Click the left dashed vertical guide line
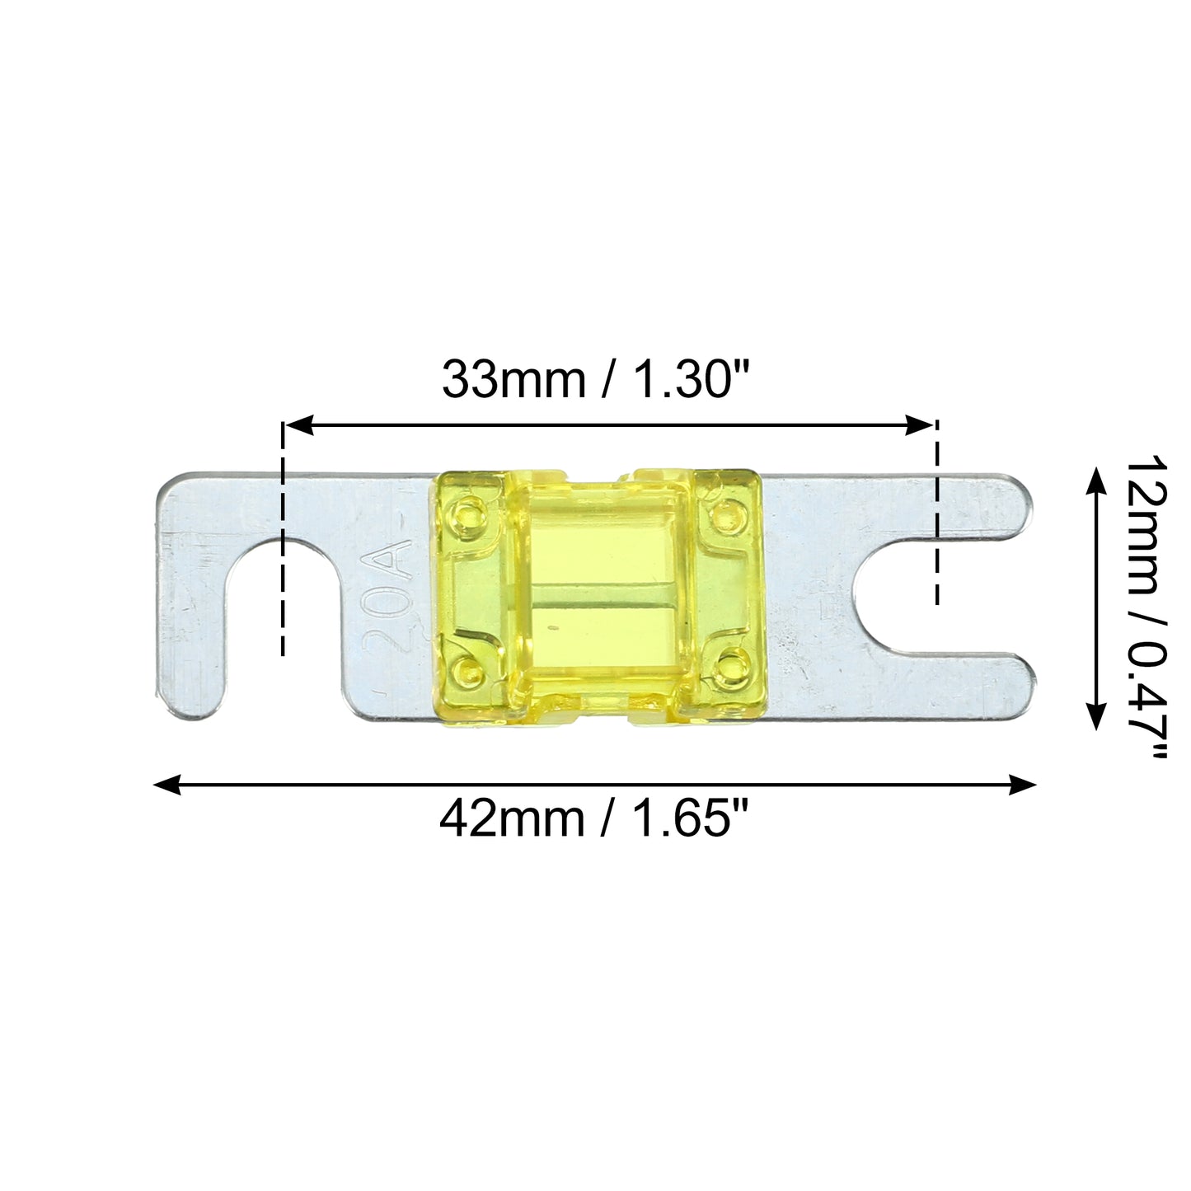coord(283,538)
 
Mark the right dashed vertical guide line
coord(937,513)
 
